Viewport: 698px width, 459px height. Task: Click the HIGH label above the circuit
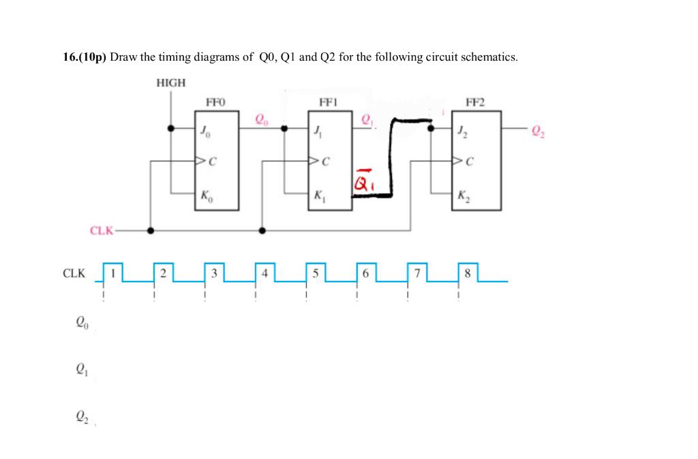pos(170,83)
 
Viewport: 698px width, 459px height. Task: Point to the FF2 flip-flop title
pos(475,102)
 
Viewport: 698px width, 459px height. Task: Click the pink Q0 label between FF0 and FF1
pos(262,119)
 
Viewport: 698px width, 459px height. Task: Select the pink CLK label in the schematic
pos(102,231)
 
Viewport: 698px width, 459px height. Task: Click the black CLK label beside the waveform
pos(74,273)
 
